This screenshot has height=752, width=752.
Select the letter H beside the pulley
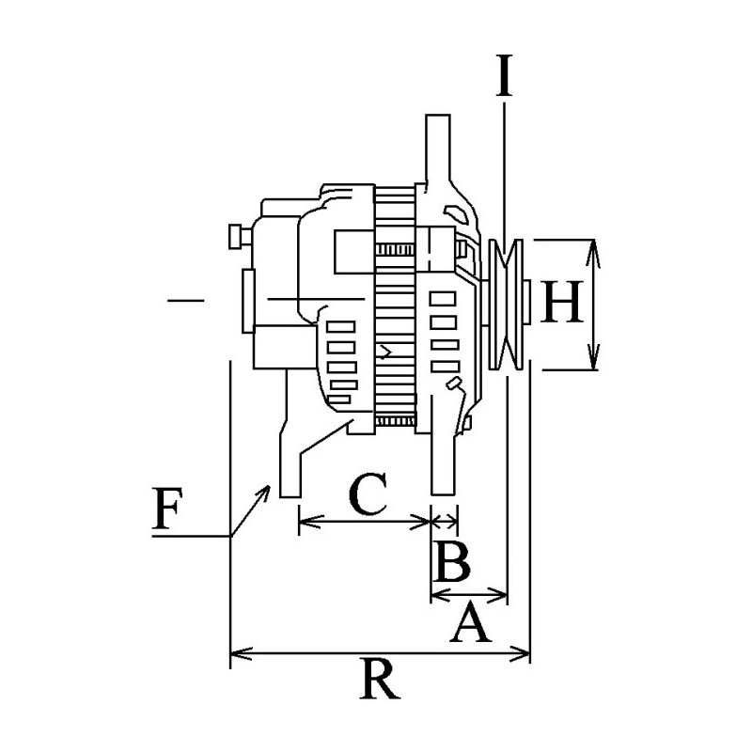(564, 304)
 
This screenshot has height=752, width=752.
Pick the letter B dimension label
(452, 562)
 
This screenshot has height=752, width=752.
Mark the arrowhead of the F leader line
(268, 489)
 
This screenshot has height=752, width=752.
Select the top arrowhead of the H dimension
(593, 246)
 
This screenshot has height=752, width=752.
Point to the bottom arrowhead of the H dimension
(593, 363)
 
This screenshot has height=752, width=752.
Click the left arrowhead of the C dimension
(304, 519)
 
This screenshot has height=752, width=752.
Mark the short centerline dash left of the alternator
(186, 301)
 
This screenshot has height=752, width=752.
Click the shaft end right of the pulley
(529, 304)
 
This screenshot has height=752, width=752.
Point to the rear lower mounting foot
(288, 470)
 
